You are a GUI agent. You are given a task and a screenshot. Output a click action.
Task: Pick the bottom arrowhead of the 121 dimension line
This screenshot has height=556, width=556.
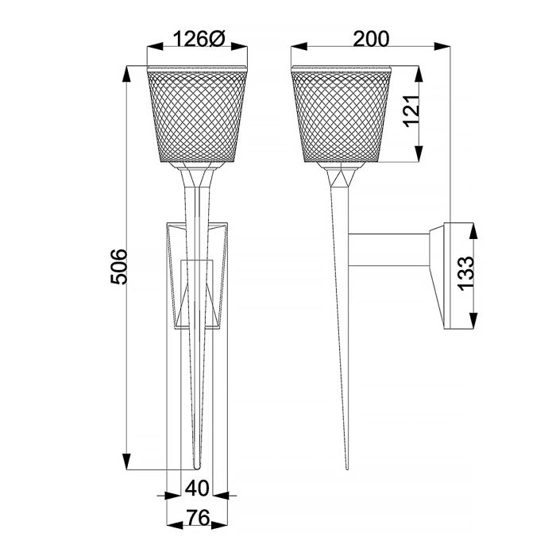(420, 158)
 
